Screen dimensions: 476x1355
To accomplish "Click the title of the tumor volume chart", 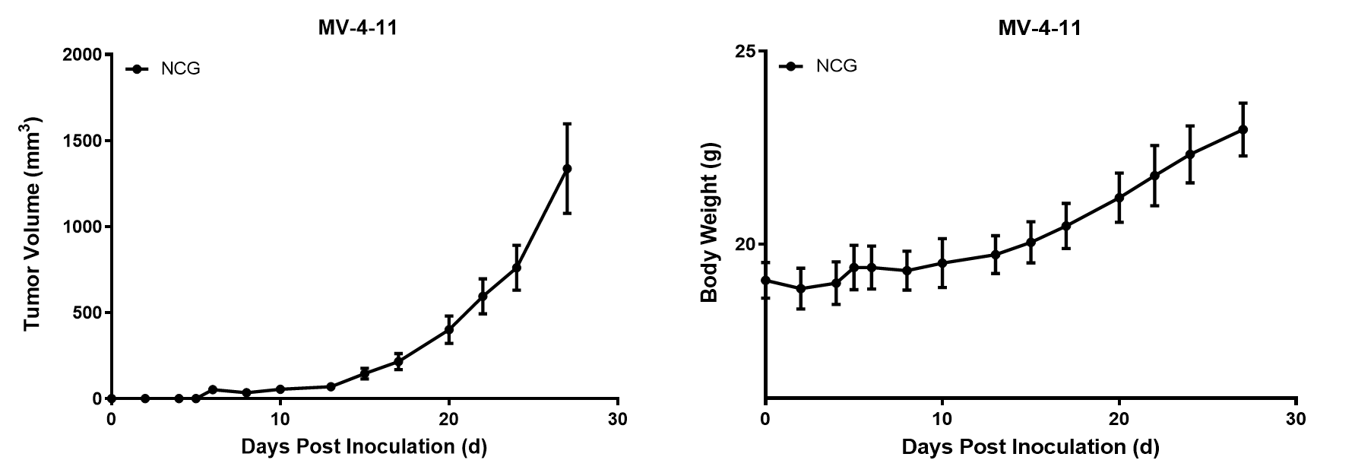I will click(357, 29).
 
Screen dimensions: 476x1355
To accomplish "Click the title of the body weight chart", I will click(1039, 29).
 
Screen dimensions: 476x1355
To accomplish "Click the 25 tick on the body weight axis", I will click(746, 51).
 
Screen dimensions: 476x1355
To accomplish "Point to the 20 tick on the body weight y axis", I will click(746, 244).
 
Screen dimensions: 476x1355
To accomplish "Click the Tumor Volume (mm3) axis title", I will click(32, 224).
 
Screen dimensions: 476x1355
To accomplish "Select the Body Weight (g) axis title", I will click(709, 227).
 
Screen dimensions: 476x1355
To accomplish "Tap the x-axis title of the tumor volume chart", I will click(364, 446).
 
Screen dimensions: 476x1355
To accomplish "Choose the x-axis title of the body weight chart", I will click(1030, 447).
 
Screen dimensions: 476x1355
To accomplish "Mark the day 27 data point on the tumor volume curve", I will click(567, 169).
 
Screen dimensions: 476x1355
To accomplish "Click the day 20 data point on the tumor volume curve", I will click(449, 329).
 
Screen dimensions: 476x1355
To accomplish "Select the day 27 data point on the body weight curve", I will click(1243, 129).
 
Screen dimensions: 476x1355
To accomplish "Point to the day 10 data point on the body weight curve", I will click(942, 263).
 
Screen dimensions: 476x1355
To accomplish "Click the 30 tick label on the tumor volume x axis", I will click(618, 419).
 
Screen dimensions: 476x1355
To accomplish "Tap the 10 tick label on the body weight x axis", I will click(942, 419).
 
